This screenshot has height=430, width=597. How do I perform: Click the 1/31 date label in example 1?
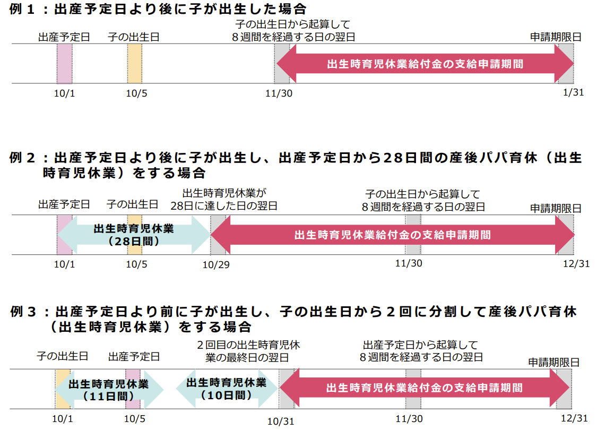[x=573, y=92]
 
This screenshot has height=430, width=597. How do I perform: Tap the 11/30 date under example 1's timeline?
[x=279, y=93]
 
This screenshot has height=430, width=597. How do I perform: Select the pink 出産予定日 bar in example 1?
[x=64, y=64]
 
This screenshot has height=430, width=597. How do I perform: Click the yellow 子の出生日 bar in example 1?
[x=135, y=64]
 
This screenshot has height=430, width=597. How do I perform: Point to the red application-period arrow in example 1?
[x=425, y=64]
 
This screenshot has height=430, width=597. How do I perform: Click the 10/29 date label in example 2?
[x=216, y=265]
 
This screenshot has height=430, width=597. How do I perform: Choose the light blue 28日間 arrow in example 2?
[x=134, y=235]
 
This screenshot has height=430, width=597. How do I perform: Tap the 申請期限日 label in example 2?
[x=556, y=208]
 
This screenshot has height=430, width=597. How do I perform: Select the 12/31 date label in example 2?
[x=576, y=263]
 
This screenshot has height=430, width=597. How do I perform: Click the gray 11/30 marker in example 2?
[x=413, y=235]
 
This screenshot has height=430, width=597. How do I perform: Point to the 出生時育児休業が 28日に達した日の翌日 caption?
[x=224, y=200]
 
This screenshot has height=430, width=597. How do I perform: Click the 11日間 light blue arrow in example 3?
[x=109, y=389]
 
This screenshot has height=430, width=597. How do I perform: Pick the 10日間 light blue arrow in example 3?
[x=227, y=389]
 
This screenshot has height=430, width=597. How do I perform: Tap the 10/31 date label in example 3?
[x=281, y=421]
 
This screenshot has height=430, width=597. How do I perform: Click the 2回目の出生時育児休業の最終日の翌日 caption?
[x=248, y=351]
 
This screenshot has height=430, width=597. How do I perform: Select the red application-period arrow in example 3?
[x=425, y=388]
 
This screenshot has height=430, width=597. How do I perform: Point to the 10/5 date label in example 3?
[x=135, y=419]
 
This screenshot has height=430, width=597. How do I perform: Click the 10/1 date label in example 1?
[x=64, y=93]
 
